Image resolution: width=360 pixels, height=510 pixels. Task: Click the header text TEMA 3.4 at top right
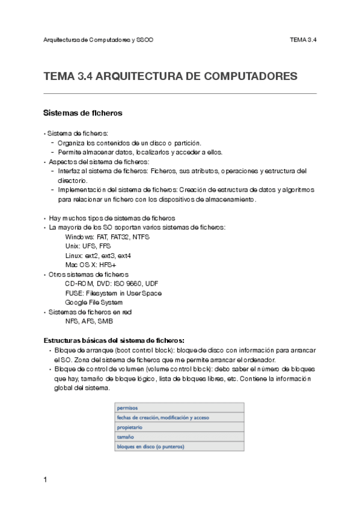(x=303, y=40)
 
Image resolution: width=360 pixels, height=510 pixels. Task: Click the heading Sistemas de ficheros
(x=84, y=112)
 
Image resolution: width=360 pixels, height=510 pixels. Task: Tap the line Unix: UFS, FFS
(x=88, y=247)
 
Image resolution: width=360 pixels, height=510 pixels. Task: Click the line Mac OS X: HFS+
(x=91, y=265)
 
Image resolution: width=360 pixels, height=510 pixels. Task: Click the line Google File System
(x=94, y=302)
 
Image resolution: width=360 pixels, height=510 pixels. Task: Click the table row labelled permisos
(x=180, y=408)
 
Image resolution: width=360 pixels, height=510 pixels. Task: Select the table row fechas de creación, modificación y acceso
(x=180, y=417)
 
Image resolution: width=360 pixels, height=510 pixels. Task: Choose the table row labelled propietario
(x=180, y=427)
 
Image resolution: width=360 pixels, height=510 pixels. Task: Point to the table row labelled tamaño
(x=180, y=437)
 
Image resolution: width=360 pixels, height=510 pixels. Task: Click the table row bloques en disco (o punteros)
(x=180, y=446)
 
